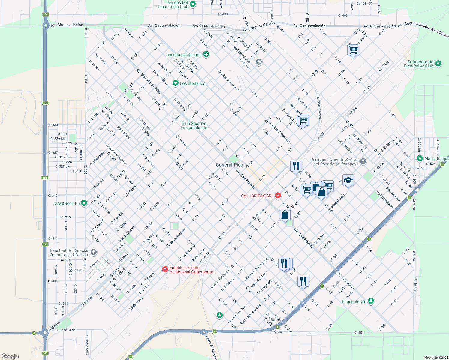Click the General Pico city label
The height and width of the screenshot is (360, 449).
[x=229, y=165]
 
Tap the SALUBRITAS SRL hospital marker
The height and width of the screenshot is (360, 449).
[x=278, y=196]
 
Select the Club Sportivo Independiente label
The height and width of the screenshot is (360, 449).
[x=194, y=125]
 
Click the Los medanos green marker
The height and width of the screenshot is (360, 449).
[x=176, y=83]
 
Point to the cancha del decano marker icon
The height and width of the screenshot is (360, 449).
[x=206, y=54]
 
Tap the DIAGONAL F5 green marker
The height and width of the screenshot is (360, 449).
[x=84, y=203]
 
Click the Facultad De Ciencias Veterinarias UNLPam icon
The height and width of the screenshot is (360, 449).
[x=94, y=252]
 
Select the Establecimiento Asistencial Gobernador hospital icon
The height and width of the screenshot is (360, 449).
[x=165, y=269]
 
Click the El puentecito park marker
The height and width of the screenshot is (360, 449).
[x=371, y=301]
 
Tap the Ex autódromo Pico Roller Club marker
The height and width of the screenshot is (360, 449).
[x=438, y=63]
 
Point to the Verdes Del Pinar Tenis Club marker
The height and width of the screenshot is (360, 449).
[x=193, y=4]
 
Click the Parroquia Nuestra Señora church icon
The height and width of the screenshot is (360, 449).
[x=363, y=161]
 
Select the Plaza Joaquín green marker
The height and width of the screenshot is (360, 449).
[x=420, y=158]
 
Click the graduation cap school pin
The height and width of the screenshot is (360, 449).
[x=348, y=180]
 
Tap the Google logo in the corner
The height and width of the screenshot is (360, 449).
[x=10, y=356]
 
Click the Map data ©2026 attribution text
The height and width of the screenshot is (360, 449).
[x=436, y=358]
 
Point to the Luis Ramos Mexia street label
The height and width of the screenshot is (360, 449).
[x=251, y=314]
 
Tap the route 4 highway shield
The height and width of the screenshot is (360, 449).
[x=34, y=333]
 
